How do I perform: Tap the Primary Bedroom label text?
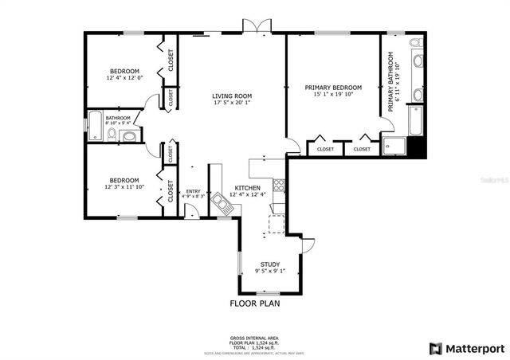[333, 88]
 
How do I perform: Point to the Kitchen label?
[247, 188]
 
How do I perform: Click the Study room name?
[270, 264]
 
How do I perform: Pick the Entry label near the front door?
[193, 191]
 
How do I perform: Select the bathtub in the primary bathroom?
[416, 120]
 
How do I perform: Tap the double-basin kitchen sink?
[221, 203]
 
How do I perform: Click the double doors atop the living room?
[257, 29]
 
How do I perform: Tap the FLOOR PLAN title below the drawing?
[255, 303]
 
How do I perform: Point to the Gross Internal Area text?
[255, 338]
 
